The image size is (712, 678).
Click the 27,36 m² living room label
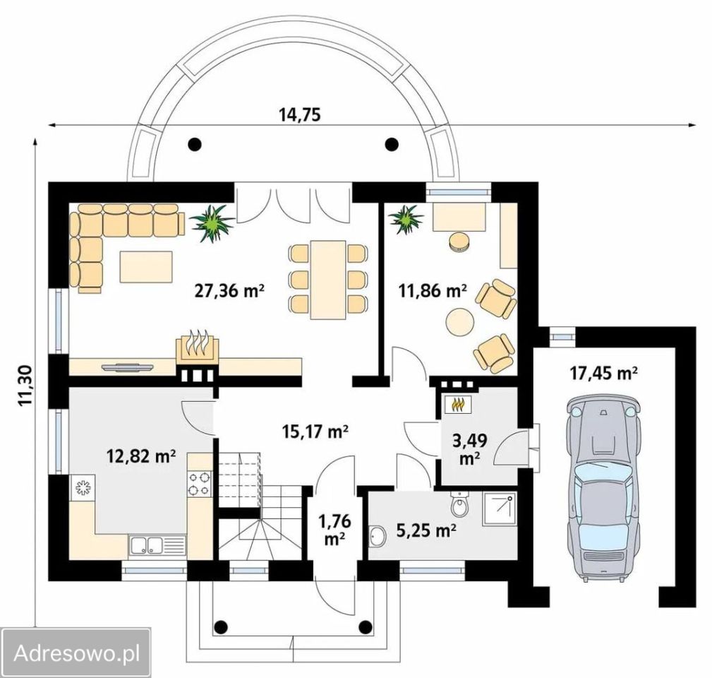(x=229, y=290)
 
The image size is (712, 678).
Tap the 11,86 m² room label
(x=433, y=290)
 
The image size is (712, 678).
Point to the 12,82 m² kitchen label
(x=141, y=455)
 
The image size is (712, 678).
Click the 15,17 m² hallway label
(x=315, y=430)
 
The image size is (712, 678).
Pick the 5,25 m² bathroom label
(x=426, y=530)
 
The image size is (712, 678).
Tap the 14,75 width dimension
(x=300, y=114)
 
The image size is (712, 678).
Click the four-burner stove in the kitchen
(x=200, y=484)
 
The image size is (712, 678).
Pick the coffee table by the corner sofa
(x=146, y=266)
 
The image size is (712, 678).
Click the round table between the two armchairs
(x=459, y=322)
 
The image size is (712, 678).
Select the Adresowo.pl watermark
(x=76, y=653)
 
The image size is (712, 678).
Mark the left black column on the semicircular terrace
(x=195, y=144)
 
